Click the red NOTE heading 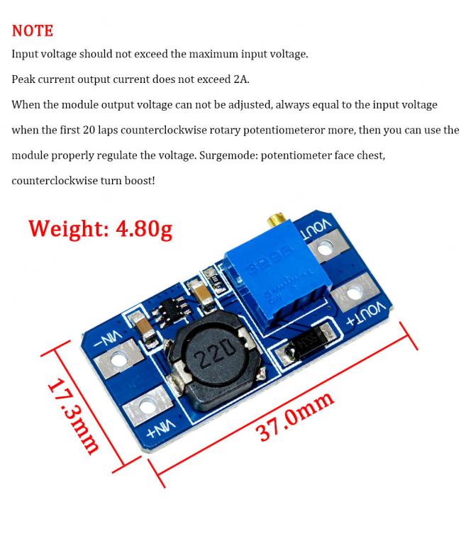coord(33,30)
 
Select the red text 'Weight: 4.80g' coord(100,228)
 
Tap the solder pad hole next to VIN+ coord(147,405)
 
